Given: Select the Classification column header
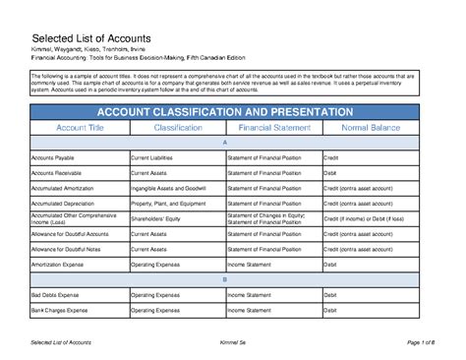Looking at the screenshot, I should (178, 128).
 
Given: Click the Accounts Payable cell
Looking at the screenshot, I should (54, 157).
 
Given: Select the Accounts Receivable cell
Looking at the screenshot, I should (57, 172).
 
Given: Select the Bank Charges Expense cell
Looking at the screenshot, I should (61, 309).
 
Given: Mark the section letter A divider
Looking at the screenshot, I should (225, 143).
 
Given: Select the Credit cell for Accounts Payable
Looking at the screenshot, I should (332, 157).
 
